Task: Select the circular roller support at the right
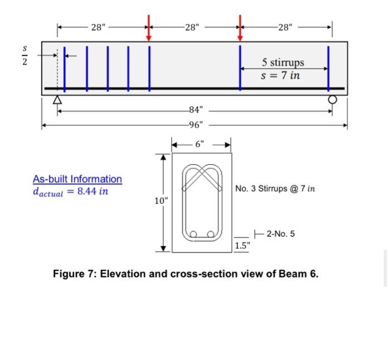[333, 100]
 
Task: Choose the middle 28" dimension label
[195, 27]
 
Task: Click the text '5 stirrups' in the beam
[283, 62]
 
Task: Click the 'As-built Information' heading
[77, 179]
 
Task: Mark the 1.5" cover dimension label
[242, 246]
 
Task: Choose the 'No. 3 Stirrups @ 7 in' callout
[275, 189]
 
